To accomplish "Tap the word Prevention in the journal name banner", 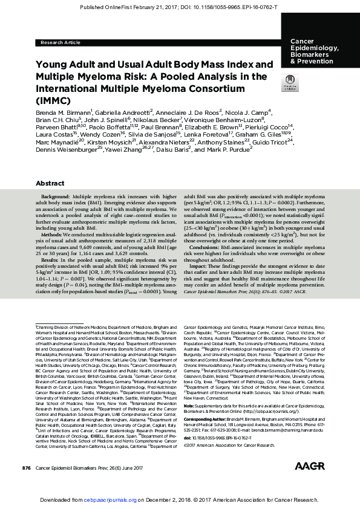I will pyautogui.click(x=312, y=61).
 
